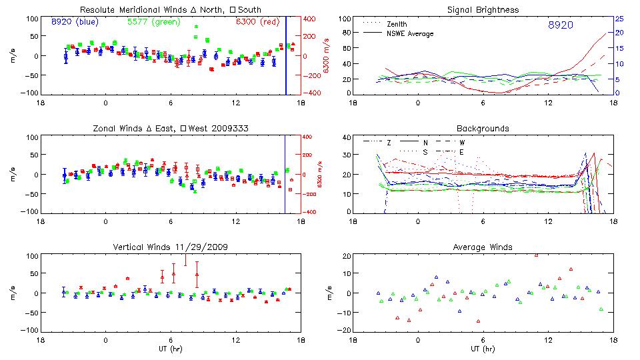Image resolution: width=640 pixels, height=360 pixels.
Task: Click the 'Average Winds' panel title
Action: [x=484, y=247]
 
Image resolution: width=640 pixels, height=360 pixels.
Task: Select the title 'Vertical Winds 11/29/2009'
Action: [x=171, y=247]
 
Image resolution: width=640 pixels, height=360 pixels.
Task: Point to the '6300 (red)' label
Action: [x=257, y=22]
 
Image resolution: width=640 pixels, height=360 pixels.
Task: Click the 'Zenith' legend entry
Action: [x=398, y=24]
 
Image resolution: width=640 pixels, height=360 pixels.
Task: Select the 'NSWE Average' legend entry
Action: [x=410, y=33]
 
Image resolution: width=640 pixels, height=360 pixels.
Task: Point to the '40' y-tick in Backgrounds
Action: [x=346, y=138]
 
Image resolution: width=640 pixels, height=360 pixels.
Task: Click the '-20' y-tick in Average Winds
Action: [x=344, y=330]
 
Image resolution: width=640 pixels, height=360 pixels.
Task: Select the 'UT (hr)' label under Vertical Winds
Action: [x=171, y=349]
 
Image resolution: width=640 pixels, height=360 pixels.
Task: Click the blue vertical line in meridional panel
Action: [x=286, y=57]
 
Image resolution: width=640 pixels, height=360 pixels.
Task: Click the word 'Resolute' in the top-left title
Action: [x=97, y=10]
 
